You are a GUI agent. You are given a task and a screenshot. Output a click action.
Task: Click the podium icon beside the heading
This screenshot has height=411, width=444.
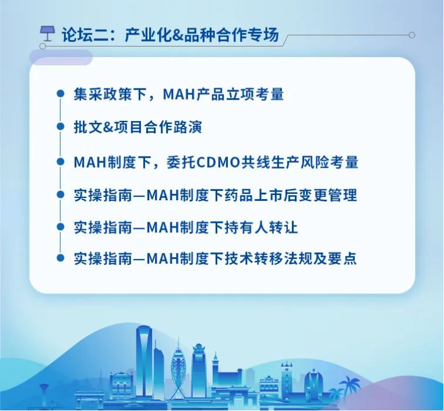coord(47,34)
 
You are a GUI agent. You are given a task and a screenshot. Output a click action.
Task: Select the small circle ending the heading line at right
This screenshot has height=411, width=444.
coord(412,35)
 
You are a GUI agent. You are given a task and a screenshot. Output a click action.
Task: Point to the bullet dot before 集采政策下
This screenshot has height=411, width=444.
coord(61,94)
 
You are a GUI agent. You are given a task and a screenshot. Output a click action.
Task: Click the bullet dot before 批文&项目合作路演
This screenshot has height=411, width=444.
coord(61,126)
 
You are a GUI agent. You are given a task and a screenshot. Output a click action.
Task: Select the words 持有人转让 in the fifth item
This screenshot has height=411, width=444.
coord(262,228)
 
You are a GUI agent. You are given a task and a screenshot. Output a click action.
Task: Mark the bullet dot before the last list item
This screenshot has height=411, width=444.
coord(61,258)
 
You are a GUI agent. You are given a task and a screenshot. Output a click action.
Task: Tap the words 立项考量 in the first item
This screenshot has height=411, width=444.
coord(255,94)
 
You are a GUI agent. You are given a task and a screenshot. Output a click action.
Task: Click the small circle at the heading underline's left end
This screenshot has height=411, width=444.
coord(43,46)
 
